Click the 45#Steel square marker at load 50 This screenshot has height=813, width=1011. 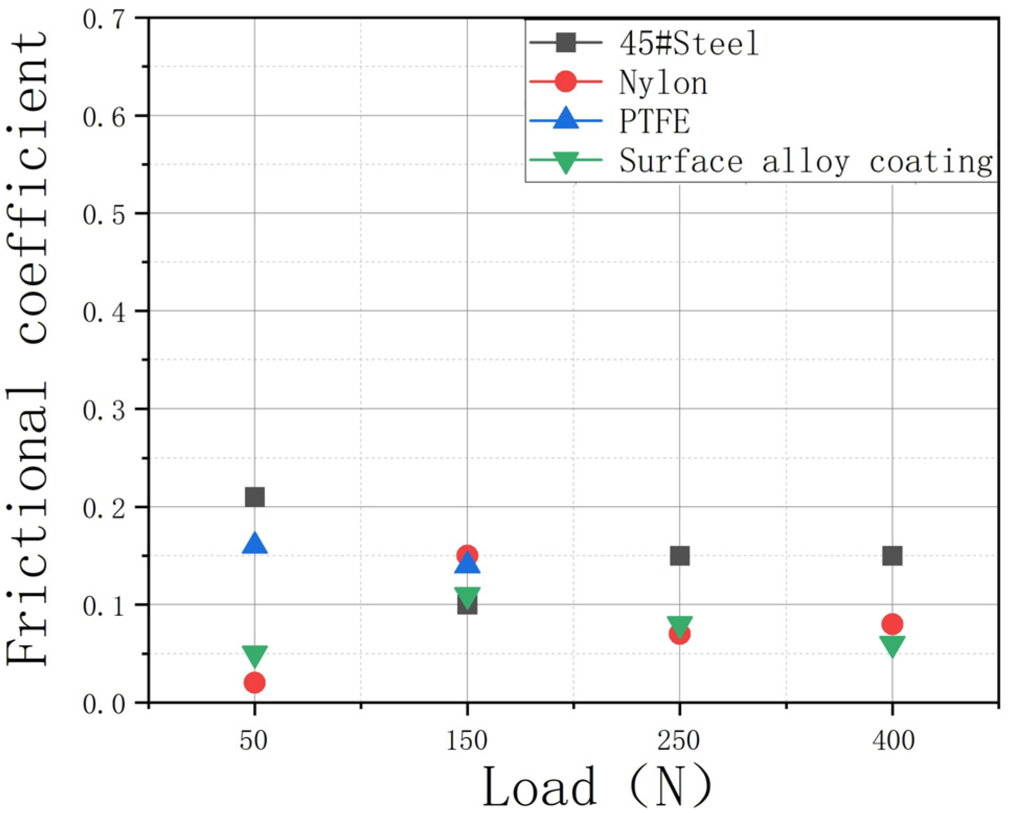(255, 496)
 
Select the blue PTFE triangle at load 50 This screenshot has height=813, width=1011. (255, 545)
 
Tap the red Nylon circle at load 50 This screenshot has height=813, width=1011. (255, 682)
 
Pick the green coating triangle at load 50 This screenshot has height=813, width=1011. (255, 654)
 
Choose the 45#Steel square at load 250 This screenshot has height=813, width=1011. (679, 556)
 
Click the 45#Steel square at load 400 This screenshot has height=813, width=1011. (892, 556)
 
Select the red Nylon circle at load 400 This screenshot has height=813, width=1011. (892, 624)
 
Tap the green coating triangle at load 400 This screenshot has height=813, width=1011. (892, 644)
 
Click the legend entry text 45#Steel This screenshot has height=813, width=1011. (689, 43)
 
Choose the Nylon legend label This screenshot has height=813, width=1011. (663, 83)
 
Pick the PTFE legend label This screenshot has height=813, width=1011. (654, 121)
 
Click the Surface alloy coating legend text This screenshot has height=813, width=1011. (805, 161)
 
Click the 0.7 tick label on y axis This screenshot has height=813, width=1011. (104, 19)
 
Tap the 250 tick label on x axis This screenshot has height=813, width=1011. (678, 740)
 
